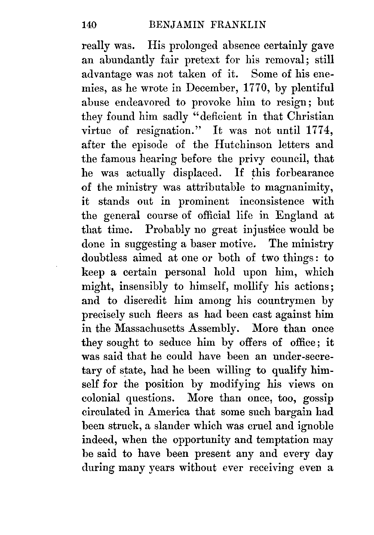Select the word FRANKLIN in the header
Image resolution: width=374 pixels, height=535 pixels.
tap(238, 25)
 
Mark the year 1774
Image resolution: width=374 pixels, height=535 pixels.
tap(319, 131)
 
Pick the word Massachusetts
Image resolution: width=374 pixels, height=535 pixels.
tap(147, 329)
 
